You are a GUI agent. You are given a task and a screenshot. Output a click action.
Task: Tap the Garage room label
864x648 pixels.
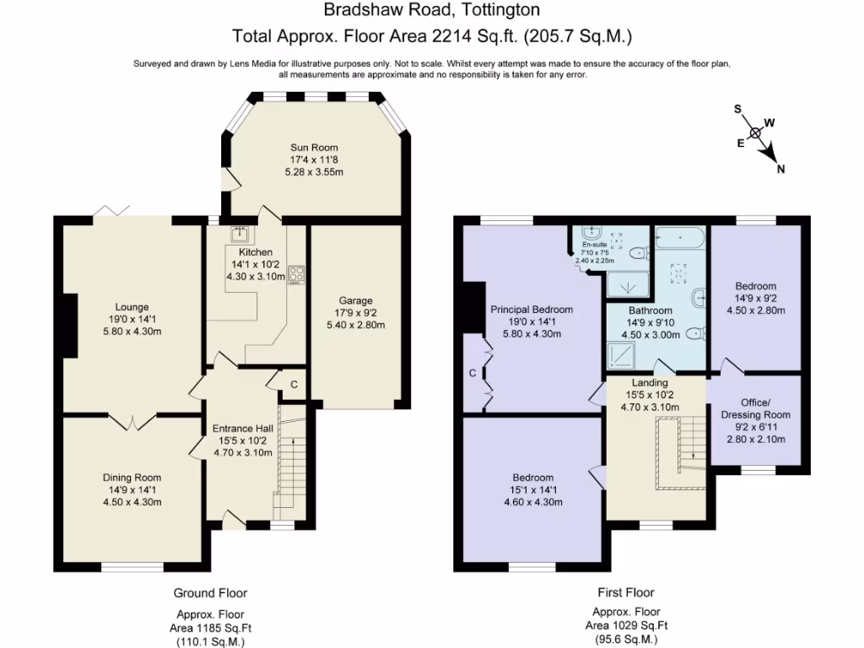(355, 300)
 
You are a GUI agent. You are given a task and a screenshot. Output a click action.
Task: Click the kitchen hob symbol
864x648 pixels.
(295, 274)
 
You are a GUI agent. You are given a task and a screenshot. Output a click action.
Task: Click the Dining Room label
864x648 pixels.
(132, 478)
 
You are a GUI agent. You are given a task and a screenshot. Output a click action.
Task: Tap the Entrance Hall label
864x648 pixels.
(242, 428)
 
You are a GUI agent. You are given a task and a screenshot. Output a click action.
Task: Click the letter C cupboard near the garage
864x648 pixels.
(294, 385)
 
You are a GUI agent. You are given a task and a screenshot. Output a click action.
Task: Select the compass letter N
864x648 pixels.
(781, 169)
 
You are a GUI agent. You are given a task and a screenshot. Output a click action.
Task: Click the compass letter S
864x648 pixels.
(737, 110)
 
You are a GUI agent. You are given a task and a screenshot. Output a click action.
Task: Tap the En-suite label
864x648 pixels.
(593, 243)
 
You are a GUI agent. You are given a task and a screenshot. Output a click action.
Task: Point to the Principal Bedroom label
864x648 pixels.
(532, 309)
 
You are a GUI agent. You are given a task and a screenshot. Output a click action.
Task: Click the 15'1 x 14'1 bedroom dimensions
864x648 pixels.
(532, 489)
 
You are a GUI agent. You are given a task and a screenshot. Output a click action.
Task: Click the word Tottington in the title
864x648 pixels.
(499, 10)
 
